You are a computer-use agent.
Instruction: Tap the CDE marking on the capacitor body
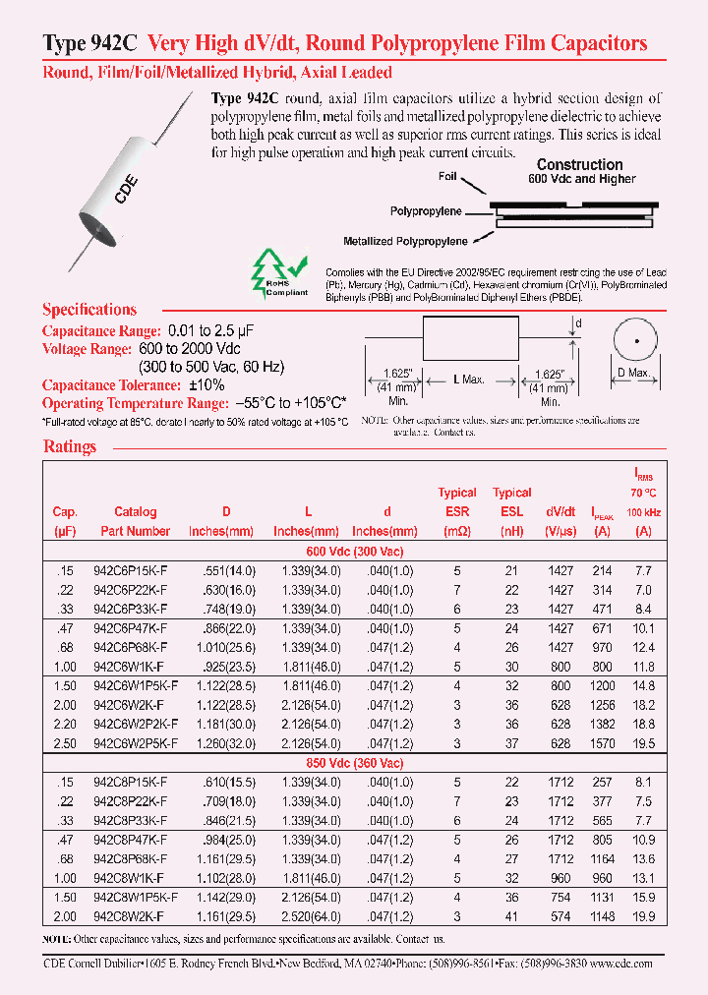click(129, 188)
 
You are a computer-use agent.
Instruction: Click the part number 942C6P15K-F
click(135, 570)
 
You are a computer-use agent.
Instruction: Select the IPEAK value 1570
click(603, 744)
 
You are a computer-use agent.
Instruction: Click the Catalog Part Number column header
click(135, 521)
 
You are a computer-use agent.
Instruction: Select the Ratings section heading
click(70, 446)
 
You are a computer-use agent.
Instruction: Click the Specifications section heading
click(89, 310)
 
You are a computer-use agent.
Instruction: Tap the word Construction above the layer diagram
click(579, 165)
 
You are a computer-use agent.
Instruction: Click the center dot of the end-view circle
click(636, 340)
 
